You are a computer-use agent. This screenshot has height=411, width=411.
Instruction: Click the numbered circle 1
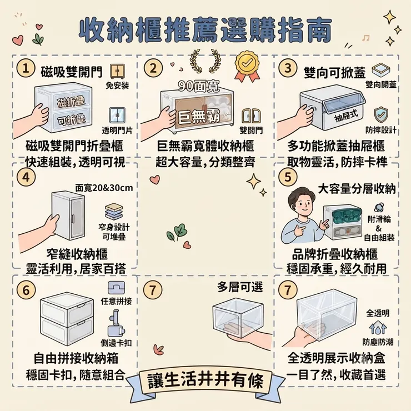(26, 69)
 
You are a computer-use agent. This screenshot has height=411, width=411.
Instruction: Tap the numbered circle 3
(288, 68)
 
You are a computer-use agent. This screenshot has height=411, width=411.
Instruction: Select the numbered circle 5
(288, 178)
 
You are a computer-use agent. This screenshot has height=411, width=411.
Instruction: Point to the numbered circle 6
(26, 290)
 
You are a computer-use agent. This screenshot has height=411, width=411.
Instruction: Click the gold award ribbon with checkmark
(248, 66)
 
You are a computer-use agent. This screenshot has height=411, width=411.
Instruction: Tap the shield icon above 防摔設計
(381, 114)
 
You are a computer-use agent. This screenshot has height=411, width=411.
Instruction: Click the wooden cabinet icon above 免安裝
(117, 71)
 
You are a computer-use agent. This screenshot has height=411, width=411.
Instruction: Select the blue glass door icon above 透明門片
(117, 116)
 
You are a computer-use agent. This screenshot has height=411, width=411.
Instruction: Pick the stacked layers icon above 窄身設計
(114, 212)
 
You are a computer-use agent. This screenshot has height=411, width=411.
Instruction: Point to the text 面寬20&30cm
(104, 188)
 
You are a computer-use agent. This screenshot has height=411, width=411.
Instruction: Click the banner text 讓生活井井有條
(205, 380)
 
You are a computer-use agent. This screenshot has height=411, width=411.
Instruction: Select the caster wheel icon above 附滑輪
(379, 207)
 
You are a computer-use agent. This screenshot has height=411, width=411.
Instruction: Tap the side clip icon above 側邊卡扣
(116, 324)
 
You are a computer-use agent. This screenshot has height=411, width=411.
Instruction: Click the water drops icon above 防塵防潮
(378, 328)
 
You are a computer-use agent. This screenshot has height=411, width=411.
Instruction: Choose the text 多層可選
(240, 288)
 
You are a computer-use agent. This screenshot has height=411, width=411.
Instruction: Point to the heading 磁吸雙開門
(72, 72)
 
